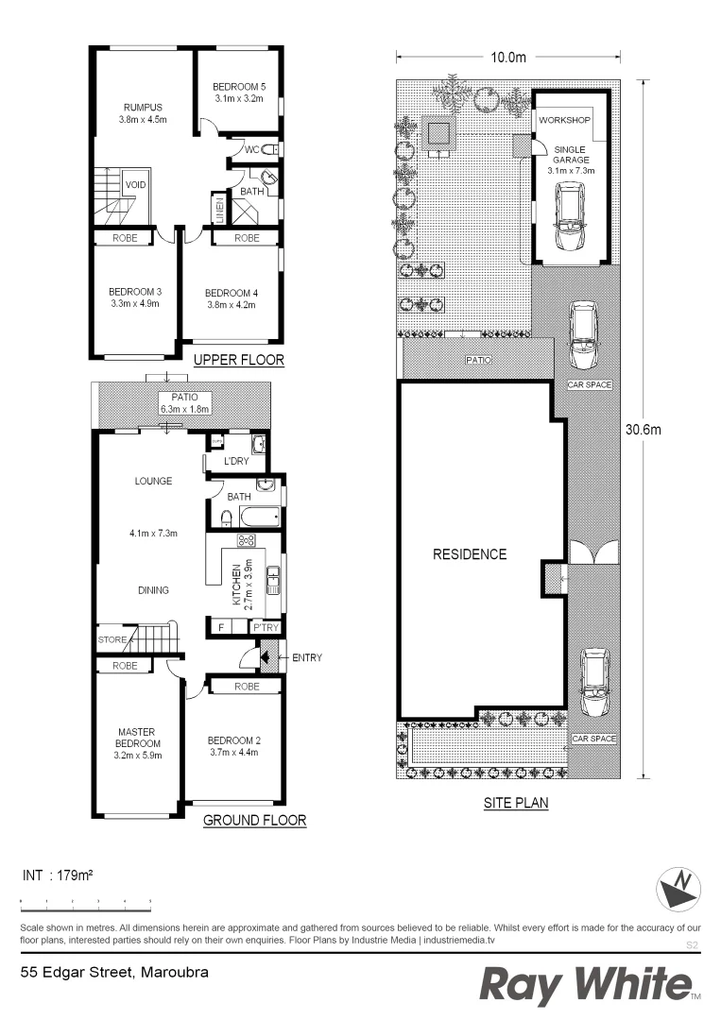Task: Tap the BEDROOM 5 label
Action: [x=239, y=86]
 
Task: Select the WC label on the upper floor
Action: [x=251, y=149]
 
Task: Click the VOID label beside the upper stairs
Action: [x=135, y=185]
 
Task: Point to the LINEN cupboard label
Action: [x=218, y=208]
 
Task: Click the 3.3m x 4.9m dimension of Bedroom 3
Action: [x=133, y=304]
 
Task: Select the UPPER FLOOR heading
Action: [x=238, y=361]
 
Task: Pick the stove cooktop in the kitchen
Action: [x=247, y=540]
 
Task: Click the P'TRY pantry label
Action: [x=262, y=627]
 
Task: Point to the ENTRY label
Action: [x=307, y=657]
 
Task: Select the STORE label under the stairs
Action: [x=112, y=640]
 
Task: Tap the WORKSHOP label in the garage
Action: [x=564, y=122]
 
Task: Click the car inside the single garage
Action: [x=570, y=215]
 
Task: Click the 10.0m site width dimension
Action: [x=507, y=57]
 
